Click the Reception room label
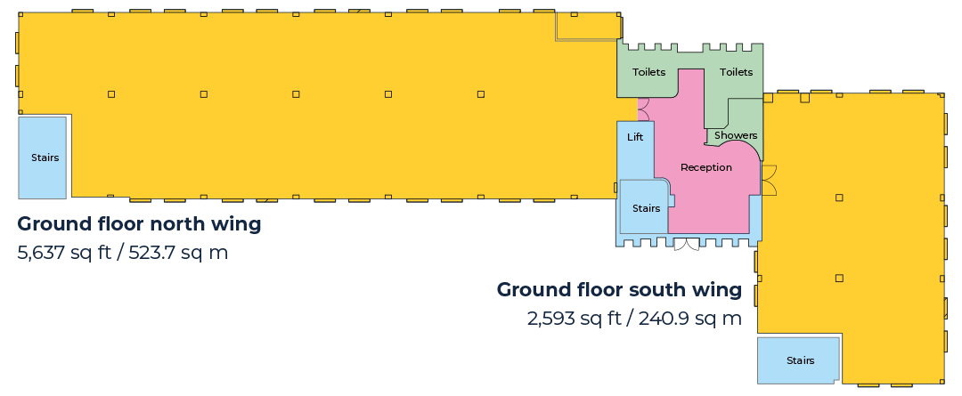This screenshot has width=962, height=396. pos(706,167)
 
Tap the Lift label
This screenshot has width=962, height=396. pos(635,137)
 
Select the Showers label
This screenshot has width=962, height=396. pos(736,135)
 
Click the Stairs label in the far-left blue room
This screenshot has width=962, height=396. pos(45,158)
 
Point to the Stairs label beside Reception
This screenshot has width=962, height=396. pos(646,208)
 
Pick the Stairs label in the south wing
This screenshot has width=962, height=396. pos(800,360)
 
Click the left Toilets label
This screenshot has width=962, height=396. pos(648,72)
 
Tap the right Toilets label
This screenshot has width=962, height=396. pos(736,72)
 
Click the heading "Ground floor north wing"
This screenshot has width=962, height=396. pos(139,224)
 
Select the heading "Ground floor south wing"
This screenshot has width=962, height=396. pos(619,289)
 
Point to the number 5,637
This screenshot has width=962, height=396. pos(40,253)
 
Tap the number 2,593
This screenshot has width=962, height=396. pos(551,319)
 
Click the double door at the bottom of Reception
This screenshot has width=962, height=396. pos(687,245)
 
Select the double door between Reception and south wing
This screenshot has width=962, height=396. pos(769,181)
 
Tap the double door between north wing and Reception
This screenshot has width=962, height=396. pos(644,109)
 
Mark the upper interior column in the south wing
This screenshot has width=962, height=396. pos(839,198)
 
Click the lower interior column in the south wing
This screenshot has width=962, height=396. pos(839,278)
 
